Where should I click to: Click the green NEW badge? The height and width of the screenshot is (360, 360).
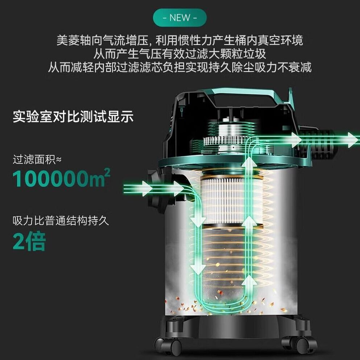pos(180,18)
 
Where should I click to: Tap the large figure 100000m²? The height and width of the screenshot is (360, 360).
pos(61,178)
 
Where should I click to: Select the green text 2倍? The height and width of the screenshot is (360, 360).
pos(29,241)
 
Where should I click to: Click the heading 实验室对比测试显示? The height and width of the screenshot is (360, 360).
pos(73,117)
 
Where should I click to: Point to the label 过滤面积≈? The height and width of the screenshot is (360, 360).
pos(37,160)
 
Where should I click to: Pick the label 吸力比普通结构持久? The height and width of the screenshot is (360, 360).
pos(61,221)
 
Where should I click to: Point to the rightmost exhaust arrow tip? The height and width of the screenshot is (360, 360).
pos(358,140)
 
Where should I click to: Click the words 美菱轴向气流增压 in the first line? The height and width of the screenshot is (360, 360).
pos(102,40)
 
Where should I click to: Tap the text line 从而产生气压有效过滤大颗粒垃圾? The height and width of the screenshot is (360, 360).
pos(180,54)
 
